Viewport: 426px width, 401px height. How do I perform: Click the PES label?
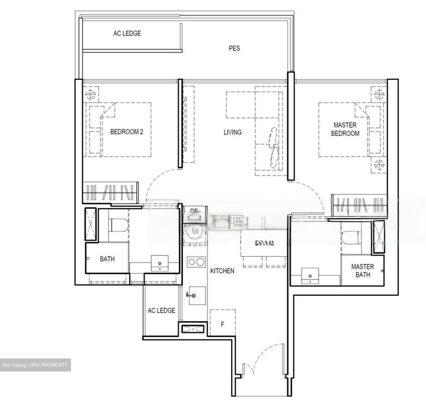click(x=234, y=48)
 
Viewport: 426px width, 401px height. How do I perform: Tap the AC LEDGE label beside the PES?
click(x=127, y=33)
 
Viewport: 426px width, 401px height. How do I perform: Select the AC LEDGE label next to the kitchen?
click(x=161, y=310)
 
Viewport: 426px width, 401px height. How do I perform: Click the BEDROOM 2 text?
click(x=127, y=132)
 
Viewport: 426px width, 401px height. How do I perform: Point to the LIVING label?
click(x=232, y=132)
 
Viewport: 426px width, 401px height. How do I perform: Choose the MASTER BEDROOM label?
click(x=345, y=129)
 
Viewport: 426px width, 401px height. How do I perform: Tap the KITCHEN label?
click(x=222, y=271)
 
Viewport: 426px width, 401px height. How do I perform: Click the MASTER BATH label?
click(x=362, y=271)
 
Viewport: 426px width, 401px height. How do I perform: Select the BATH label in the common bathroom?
click(x=107, y=259)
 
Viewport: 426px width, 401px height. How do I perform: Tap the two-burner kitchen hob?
click(x=196, y=262)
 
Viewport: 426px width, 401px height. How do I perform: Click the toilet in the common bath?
click(x=118, y=225)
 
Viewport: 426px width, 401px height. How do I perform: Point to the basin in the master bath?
click(x=310, y=276)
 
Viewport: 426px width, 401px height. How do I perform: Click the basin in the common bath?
click(x=160, y=263)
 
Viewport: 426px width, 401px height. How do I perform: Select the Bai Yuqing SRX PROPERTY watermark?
click(x=35, y=365)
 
